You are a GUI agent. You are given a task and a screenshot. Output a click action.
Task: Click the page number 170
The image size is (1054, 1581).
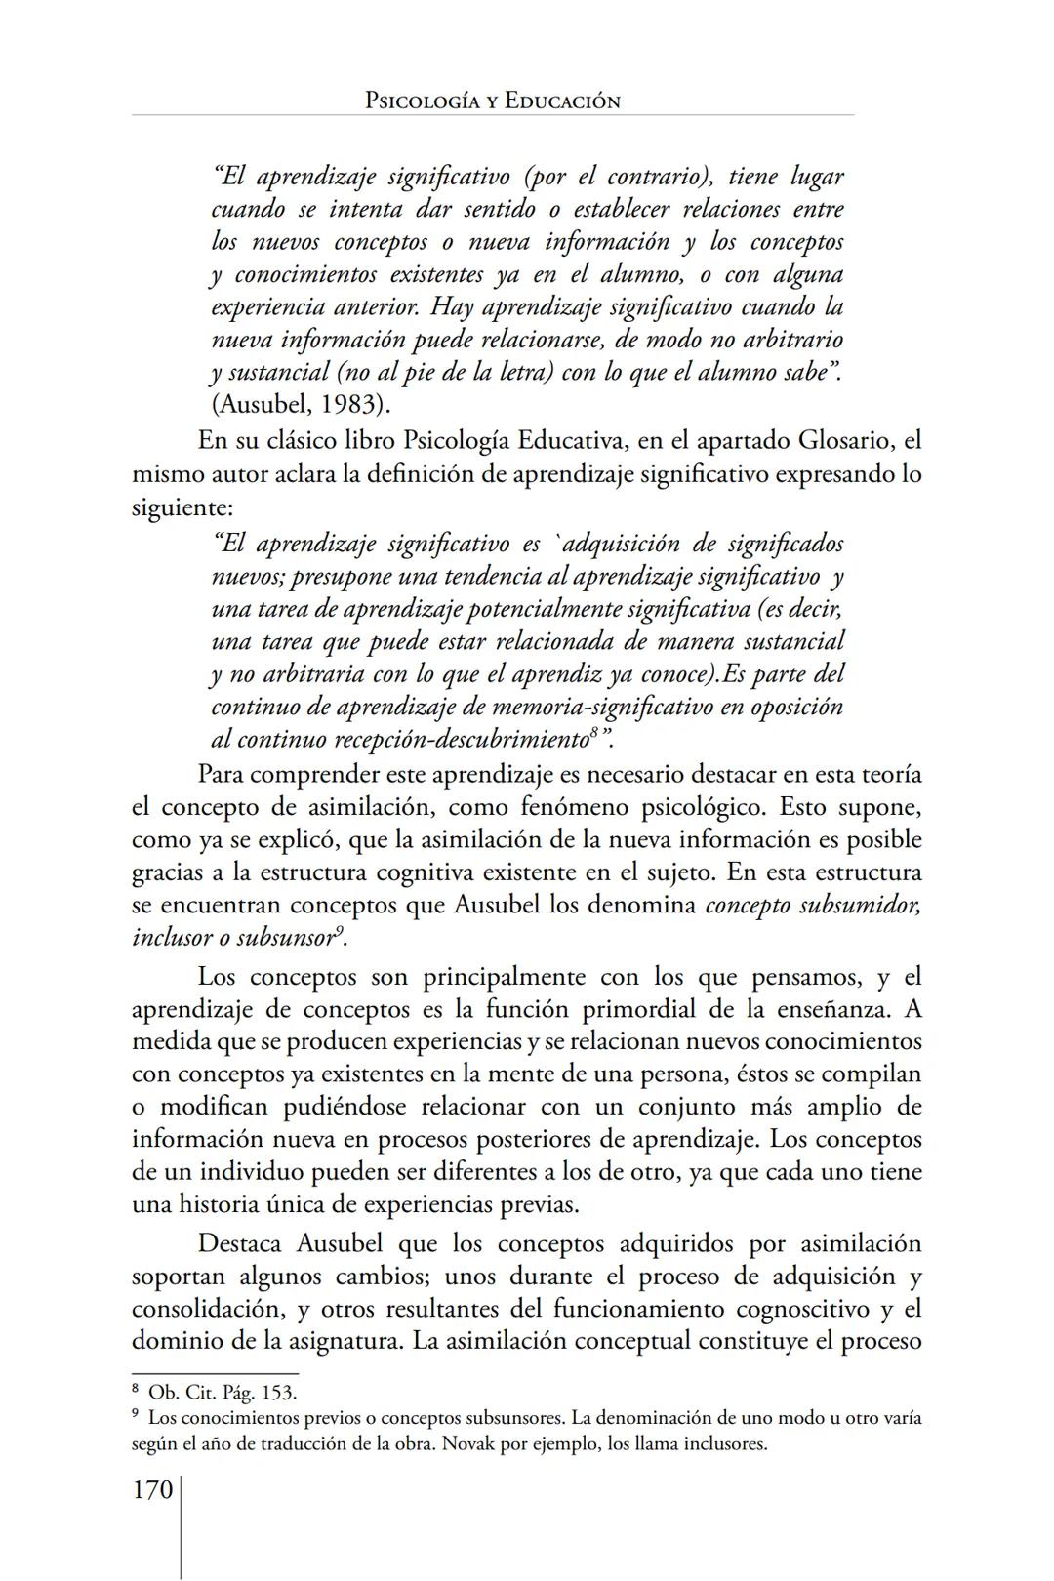pos(151,1490)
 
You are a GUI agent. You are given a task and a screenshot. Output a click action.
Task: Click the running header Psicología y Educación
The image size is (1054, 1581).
pos(492,101)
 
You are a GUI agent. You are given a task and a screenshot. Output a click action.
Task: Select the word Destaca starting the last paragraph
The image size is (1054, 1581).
pos(240,1244)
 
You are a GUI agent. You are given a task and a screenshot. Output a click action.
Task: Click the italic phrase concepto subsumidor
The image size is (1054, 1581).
pos(812,905)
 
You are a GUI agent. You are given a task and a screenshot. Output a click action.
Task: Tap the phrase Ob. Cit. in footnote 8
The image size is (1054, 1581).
pos(183,1393)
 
